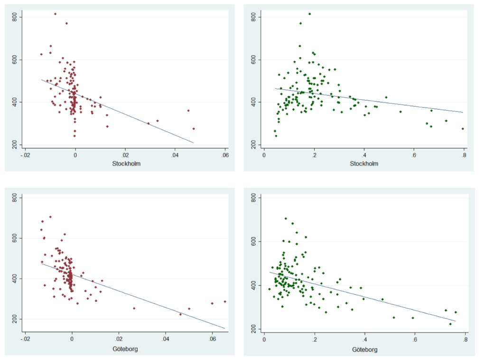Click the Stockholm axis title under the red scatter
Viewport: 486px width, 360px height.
(x=125, y=163)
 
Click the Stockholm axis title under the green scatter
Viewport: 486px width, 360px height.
(x=364, y=163)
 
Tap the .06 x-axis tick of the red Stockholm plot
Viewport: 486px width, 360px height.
(x=225, y=155)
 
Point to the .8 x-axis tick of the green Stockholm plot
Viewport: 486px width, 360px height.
(x=464, y=155)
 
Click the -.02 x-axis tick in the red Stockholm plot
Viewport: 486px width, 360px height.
(x=25, y=155)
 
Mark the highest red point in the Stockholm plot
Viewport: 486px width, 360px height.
(x=55, y=14)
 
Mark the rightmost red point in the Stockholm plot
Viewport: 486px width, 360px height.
(x=194, y=129)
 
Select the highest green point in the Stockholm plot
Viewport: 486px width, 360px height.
(x=310, y=14)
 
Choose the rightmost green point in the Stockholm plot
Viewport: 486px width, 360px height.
(x=463, y=129)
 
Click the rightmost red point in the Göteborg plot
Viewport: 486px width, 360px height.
(x=225, y=301)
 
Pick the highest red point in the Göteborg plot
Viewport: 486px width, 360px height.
(x=50, y=217)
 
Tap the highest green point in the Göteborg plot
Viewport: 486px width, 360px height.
(x=286, y=218)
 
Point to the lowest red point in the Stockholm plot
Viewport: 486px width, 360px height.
(x=75, y=136)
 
